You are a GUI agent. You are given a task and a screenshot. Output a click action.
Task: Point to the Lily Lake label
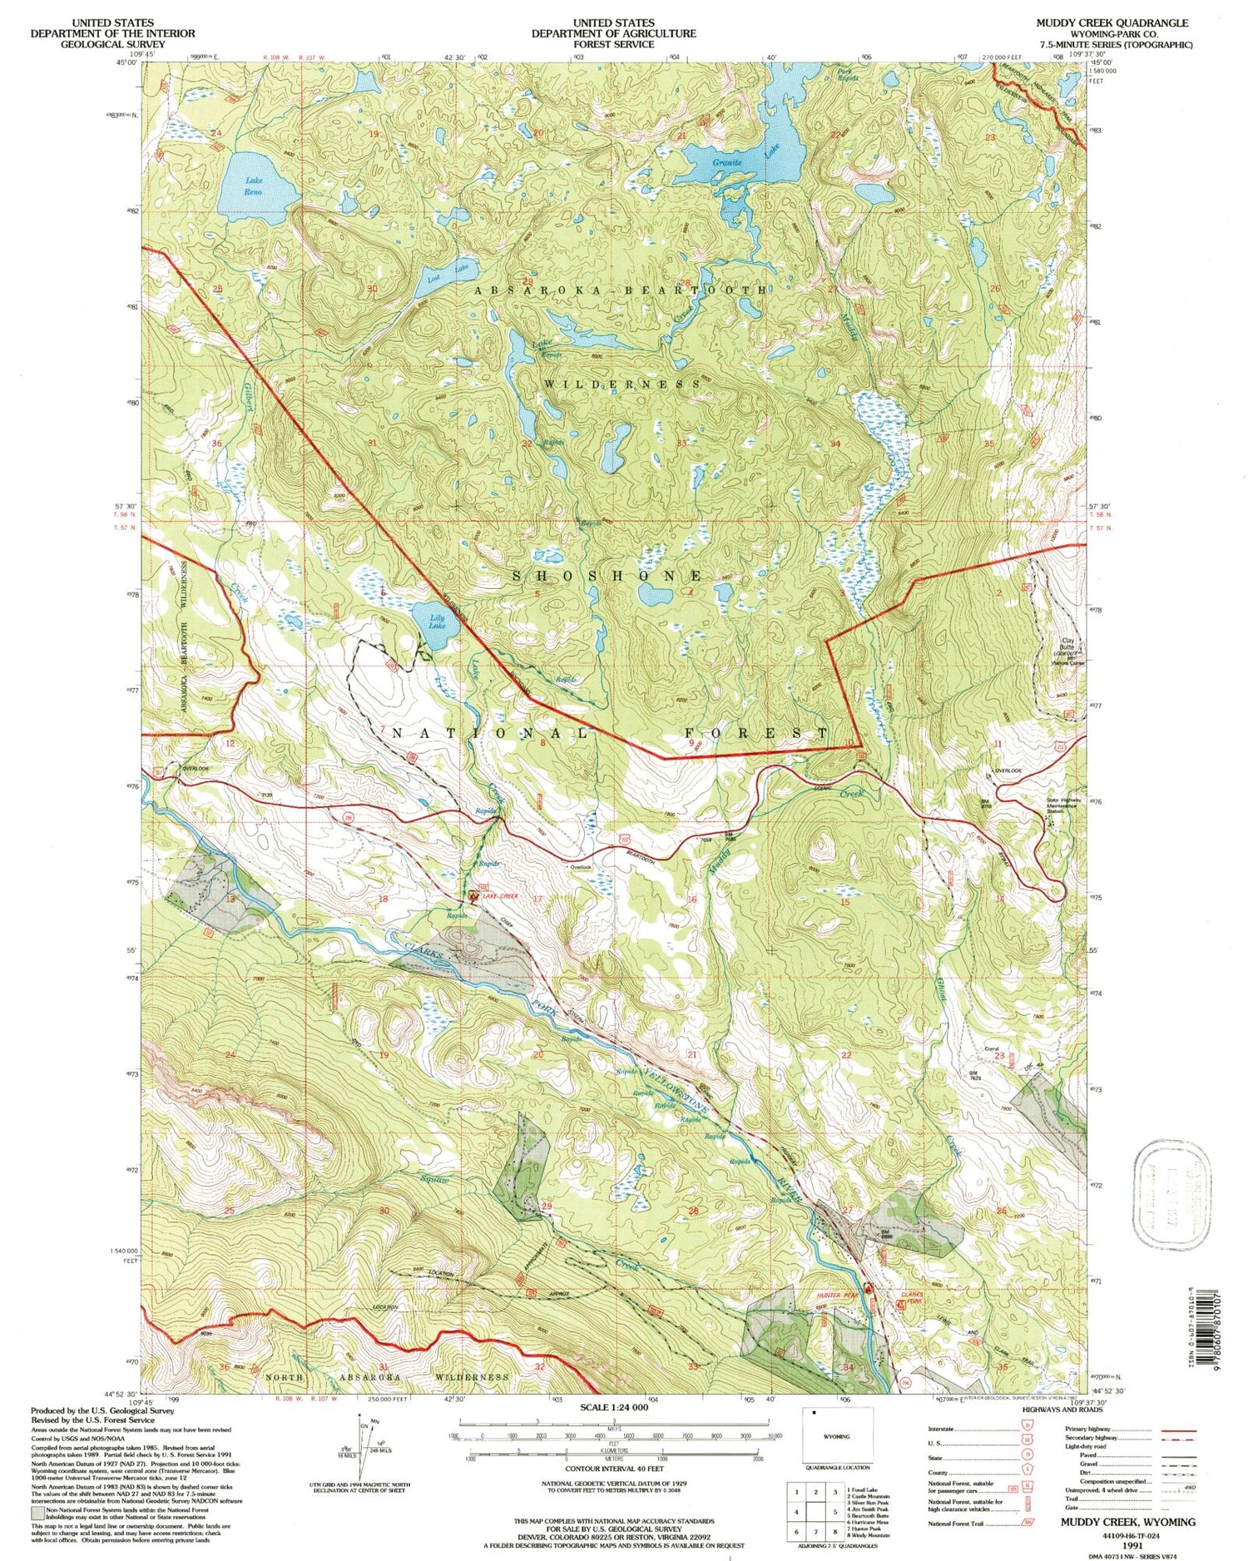[x=436, y=620]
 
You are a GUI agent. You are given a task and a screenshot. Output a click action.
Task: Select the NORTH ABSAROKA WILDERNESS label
[x=386, y=1377]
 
